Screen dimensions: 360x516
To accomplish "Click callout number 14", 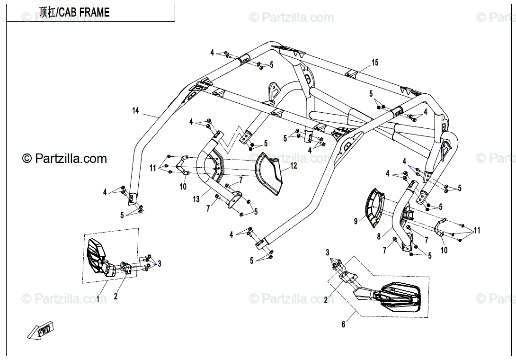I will click(136, 111).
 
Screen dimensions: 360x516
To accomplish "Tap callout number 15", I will click(375, 63).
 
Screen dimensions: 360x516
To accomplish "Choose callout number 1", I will click(98, 299).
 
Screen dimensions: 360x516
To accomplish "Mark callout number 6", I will click(344, 324).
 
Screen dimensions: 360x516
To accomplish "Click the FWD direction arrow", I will click(41, 330).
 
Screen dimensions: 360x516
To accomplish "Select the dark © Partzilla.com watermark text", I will click(65, 159).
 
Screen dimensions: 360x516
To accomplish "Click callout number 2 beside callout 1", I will click(116, 297).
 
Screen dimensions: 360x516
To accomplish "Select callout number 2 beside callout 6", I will click(325, 299).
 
